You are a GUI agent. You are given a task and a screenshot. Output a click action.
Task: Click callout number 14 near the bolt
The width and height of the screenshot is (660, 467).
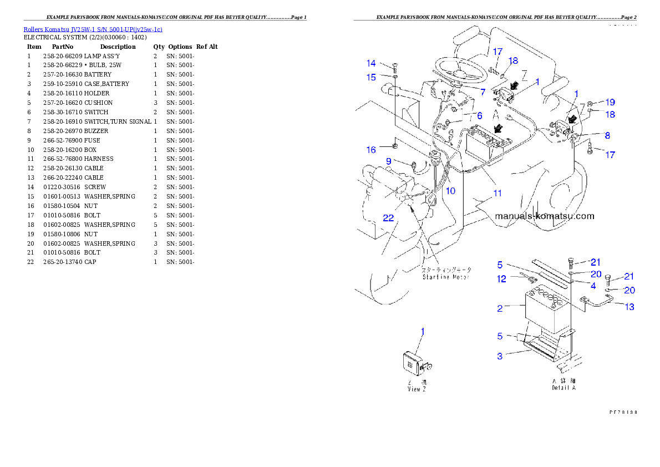coord(371,63)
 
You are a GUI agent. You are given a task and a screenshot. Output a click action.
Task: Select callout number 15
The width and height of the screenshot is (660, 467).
coord(371,77)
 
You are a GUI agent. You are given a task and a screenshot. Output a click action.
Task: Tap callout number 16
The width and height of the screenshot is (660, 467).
coord(371,150)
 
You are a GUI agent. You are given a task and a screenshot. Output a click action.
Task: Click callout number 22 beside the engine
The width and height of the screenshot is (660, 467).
coord(388,218)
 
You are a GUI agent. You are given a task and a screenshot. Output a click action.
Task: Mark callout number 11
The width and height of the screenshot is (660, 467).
coord(497,193)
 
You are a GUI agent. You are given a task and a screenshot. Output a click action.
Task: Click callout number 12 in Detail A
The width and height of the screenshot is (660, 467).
coord(501,279)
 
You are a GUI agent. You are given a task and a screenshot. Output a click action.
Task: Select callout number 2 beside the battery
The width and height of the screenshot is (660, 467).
coord(500,308)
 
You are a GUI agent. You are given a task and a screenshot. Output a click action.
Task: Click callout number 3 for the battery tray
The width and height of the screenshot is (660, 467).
coord(500,356)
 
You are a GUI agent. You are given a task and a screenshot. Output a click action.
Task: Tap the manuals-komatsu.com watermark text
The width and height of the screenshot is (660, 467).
coord(544,216)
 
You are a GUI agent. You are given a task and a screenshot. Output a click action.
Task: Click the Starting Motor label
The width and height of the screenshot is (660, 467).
coord(445,276)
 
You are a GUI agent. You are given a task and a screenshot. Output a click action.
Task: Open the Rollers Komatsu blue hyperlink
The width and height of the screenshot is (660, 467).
coord(93,29)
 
